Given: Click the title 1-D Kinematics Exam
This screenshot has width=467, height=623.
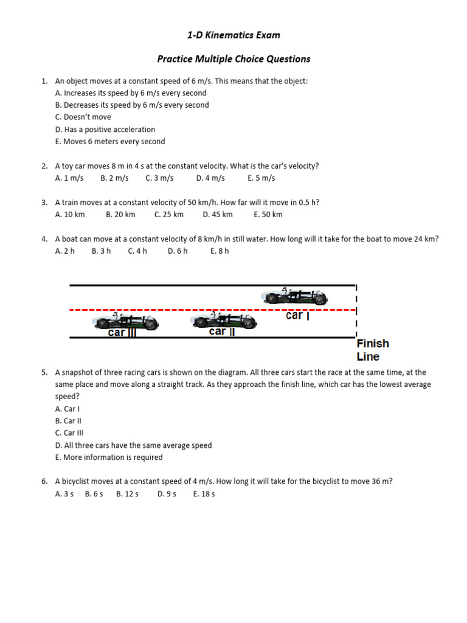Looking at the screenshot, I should coord(233,35).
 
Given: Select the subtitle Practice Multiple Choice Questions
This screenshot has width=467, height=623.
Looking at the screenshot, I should coord(233,59).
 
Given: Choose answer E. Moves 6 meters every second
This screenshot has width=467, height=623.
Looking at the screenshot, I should coord(109,142).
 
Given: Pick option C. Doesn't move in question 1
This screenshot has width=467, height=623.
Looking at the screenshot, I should coord(83,117).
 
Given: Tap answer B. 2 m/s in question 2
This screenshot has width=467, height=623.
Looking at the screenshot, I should coord(114,178).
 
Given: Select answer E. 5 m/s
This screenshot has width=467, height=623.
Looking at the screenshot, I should coord(261,178).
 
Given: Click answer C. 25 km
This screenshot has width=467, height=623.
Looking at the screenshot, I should coord(168,215).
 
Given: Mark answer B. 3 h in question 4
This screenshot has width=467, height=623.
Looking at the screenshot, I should coord(101,251).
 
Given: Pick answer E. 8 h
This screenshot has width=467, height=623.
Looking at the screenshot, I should coord(220,251).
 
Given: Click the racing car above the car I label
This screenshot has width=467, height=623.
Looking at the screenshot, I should coord(295,296).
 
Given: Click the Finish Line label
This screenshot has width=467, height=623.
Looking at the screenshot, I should coord(372,350).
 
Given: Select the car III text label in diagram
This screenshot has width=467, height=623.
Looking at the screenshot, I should coord(122,332).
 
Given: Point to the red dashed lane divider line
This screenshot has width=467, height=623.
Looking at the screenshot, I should coord(182,310).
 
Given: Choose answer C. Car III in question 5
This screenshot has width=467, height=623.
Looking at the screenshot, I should coord(69,433).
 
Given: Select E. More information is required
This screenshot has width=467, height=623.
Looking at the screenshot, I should coord(108,458).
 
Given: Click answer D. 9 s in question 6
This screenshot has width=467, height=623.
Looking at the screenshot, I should coord(167,494).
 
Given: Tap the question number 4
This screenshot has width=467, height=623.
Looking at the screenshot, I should coord(44,239).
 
